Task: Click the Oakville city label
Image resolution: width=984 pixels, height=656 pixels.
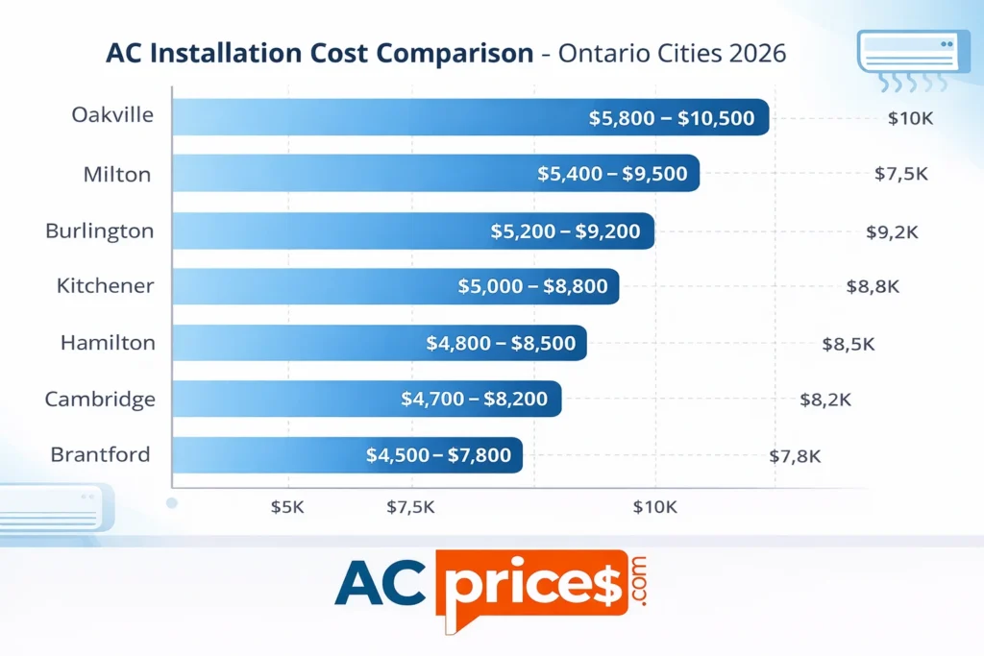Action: pyautogui.click(x=112, y=115)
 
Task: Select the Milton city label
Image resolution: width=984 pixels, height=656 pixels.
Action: pyautogui.click(x=117, y=174)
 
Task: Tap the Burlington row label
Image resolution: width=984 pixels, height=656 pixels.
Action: pyautogui.click(x=99, y=231)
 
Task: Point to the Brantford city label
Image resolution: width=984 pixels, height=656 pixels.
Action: pyautogui.click(x=100, y=454)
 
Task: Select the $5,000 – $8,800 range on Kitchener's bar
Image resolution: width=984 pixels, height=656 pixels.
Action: pyautogui.click(x=531, y=286)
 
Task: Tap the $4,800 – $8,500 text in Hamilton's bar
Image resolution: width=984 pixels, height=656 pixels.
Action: pyautogui.click(x=500, y=342)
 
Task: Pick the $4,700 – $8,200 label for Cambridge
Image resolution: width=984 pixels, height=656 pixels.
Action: pyautogui.click(x=474, y=398)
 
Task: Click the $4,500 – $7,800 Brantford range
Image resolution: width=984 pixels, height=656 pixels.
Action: pyautogui.click(x=438, y=455)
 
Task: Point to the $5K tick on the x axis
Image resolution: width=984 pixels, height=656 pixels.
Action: pyautogui.click(x=287, y=507)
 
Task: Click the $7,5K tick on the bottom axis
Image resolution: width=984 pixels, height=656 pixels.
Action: pyautogui.click(x=410, y=507)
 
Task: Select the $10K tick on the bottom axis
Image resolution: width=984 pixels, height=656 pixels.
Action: pyautogui.click(x=655, y=507)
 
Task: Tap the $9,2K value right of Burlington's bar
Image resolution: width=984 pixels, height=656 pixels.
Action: pyautogui.click(x=892, y=231)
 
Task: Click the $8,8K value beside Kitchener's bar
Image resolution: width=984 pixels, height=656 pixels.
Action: pyautogui.click(x=873, y=286)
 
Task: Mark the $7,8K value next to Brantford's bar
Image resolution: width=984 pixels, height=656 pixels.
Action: pyautogui.click(x=795, y=456)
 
